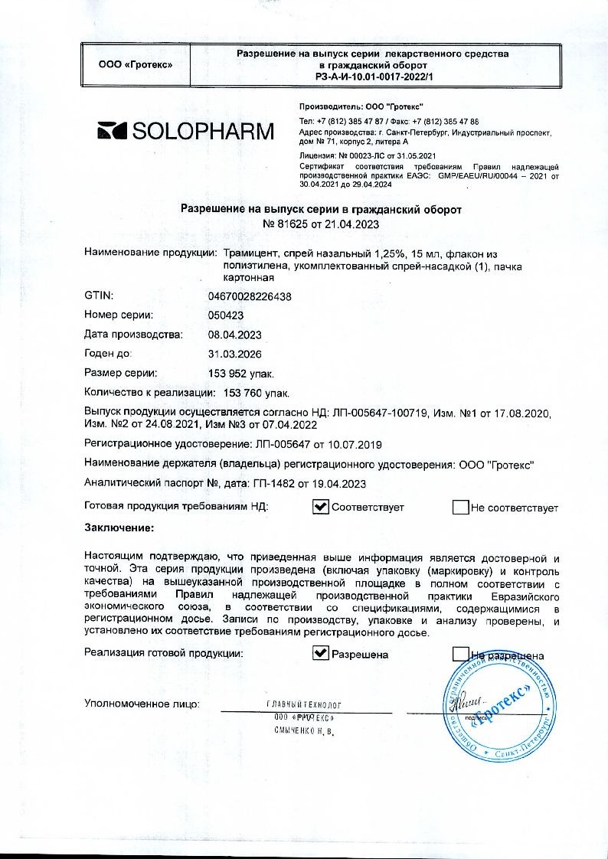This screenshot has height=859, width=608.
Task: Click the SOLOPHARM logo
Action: pyautogui.click(x=185, y=131)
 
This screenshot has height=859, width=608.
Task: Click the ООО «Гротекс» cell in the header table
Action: pyautogui.click(x=136, y=64)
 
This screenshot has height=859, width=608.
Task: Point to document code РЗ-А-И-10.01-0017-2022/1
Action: pyautogui.click(x=374, y=77)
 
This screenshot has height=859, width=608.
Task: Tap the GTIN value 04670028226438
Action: pyautogui.click(x=250, y=296)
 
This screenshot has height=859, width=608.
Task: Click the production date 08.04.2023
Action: pyautogui.click(x=235, y=335)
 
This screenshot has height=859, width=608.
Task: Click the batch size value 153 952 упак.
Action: pyautogui.click(x=240, y=374)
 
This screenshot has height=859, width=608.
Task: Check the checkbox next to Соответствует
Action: pyautogui.click(x=322, y=507)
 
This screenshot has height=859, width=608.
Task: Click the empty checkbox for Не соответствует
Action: pyautogui.click(x=460, y=507)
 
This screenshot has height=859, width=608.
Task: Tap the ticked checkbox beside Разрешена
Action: pyautogui.click(x=322, y=654)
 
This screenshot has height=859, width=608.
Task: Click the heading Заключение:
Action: pyautogui.click(x=119, y=527)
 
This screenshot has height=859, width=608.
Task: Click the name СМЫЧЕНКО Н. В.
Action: pyautogui.click(x=304, y=731)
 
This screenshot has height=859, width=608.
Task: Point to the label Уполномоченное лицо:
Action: pyautogui.click(x=142, y=702)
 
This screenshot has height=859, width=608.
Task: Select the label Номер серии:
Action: pyautogui.click(x=119, y=315)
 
